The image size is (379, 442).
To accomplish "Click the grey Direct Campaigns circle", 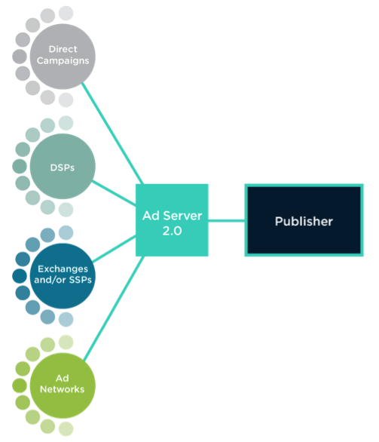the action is click(x=63, y=57).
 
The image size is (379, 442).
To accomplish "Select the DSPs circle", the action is click(x=63, y=166).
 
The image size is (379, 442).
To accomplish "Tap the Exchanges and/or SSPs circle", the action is click(x=63, y=276).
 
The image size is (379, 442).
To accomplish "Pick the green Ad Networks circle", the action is click(x=63, y=385).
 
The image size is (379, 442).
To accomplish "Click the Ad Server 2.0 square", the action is click(x=172, y=220).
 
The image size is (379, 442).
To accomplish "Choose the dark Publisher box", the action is click(x=304, y=220).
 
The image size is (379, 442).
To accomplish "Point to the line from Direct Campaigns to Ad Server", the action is click(x=112, y=134).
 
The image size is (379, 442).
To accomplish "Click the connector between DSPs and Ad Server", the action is click(x=114, y=193).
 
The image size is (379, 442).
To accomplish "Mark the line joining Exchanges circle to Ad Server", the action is click(x=114, y=249).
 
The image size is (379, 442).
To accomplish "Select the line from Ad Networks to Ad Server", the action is click(x=114, y=308).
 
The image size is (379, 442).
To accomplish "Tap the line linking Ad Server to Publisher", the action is click(x=226, y=221).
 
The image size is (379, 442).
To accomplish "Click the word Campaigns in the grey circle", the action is click(x=63, y=61).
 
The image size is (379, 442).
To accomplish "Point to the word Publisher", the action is click(x=304, y=221).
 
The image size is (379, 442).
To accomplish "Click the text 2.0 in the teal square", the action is click(x=172, y=231).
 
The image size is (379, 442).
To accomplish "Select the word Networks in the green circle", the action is click(x=63, y=389).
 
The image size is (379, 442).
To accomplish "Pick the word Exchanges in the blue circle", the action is click(x=63, y=269).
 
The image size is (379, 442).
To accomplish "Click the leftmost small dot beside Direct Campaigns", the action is click(x=20, y=57).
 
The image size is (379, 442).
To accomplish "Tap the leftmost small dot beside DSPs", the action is click(x=20, y=166).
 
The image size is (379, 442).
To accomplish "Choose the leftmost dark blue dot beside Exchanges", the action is click(x=20, y=276).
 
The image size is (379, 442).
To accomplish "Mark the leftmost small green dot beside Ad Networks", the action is click(x=20, y=385).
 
